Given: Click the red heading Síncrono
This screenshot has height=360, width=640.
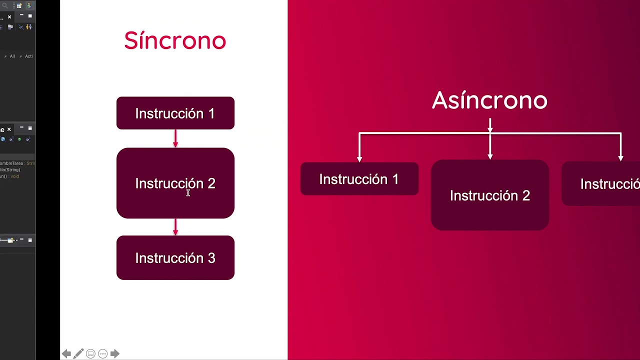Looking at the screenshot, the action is coord(175,40).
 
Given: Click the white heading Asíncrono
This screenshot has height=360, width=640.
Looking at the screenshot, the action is coord(489,100).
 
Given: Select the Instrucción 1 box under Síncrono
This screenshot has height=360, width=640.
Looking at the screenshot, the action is coord(175,113).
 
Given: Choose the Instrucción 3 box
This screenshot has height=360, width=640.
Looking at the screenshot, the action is coord(175,258).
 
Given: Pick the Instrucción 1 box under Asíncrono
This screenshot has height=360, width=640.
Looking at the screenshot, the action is coord(359,179).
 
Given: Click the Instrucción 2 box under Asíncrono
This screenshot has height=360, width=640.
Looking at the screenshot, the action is coord(489,195).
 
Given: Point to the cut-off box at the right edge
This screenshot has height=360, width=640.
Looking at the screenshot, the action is coord(602,184).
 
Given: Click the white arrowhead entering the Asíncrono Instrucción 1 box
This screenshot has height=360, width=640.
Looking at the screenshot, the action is coord(359,158).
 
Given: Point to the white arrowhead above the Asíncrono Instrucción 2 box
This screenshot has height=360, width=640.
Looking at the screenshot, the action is coord(490,156).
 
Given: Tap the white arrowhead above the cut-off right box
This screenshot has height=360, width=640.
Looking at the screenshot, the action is coord(620,158).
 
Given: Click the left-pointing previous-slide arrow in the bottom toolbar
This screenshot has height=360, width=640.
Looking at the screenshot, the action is coord(66,353).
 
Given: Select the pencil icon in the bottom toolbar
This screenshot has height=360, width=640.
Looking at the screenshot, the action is coord(78,353).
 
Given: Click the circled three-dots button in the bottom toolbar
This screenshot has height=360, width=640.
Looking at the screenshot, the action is coord(102,353).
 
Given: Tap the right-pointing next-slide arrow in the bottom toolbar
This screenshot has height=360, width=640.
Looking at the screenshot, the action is coord(114,353).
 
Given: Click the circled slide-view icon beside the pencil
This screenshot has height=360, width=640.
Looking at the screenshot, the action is coord(90,353).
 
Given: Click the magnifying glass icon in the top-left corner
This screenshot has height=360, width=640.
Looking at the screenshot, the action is coord(5,5).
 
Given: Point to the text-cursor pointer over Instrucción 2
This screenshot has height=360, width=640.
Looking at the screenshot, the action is coord(188,193).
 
